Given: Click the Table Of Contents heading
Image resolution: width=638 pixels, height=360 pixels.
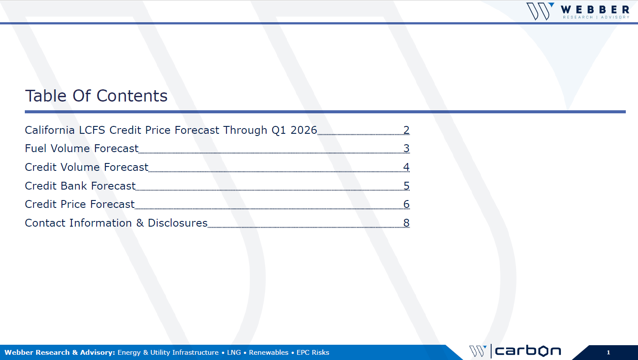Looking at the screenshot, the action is tap(96, 95).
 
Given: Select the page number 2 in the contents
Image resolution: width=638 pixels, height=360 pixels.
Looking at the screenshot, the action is tap(406, 130).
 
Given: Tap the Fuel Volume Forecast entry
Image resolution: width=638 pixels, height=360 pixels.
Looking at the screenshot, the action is tap(82, 149).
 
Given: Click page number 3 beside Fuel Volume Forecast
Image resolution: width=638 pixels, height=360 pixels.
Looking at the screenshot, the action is tap(406, 149).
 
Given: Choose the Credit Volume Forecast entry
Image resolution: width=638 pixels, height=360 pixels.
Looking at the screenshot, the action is tap(87, 167).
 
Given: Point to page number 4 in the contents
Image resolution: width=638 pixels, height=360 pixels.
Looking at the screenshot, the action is tap(406, 167).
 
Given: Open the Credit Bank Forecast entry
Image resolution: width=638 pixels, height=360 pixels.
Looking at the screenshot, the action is tap(80, 186).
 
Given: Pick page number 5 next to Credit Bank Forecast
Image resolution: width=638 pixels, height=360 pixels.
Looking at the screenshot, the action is tap(406, 186).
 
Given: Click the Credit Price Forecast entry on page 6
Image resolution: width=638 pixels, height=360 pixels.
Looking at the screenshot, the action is tap(80, 204).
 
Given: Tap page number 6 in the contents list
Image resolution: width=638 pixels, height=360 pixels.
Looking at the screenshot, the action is tap(406, 204).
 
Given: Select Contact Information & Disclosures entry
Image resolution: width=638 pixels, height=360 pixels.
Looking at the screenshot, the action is tap(116, 223).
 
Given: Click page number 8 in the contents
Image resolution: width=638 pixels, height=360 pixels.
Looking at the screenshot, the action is tap(406, 223).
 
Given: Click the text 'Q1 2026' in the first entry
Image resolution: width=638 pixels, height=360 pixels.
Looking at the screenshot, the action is tap(294, 130).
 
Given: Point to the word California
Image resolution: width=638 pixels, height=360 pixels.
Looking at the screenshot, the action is tap(50, 130).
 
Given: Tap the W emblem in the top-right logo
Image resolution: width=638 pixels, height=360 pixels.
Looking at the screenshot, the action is tap(540, 11).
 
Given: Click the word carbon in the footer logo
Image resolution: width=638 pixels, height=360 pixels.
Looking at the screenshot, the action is tap(528, 351).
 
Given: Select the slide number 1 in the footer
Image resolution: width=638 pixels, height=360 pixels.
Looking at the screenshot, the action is tap(608, 353).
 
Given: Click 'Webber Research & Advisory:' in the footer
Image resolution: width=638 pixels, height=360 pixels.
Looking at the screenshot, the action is tap(60, 353).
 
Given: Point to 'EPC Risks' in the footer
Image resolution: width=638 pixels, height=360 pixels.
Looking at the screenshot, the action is tap(313, 353).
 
